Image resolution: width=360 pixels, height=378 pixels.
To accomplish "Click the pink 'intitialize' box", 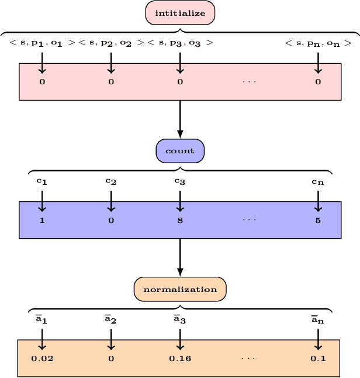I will [180, 13].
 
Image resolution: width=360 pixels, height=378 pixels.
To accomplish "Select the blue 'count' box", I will [180, 151].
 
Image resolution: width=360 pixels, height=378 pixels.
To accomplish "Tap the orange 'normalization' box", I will [180, 289].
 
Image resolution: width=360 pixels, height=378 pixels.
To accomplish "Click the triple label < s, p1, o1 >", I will [42, 43].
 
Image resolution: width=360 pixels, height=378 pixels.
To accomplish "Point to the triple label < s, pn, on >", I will [318, 43].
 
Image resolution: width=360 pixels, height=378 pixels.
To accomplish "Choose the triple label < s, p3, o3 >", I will [180, 43].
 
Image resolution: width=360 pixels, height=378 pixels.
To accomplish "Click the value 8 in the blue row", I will [180, 221].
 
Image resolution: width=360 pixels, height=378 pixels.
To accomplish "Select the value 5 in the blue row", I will [318, 221].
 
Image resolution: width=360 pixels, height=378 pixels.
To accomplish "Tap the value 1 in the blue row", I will [42, 221].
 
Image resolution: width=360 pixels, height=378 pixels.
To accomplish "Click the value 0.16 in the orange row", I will [179, 359].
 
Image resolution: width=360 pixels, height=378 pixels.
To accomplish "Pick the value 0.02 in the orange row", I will [42, 359].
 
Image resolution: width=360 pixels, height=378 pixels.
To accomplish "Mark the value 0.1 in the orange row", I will [318, 359].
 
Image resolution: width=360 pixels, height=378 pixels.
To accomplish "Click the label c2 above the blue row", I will [111, 181].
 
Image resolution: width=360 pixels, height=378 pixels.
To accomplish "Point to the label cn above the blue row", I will [318, 181].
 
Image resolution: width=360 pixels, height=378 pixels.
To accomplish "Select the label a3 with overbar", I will [180, 319].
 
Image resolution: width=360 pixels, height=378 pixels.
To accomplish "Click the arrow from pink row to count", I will [180, 119].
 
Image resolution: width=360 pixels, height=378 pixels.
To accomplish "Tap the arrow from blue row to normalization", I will [180, 257].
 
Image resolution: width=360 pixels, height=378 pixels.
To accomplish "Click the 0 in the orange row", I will [111, 359].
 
